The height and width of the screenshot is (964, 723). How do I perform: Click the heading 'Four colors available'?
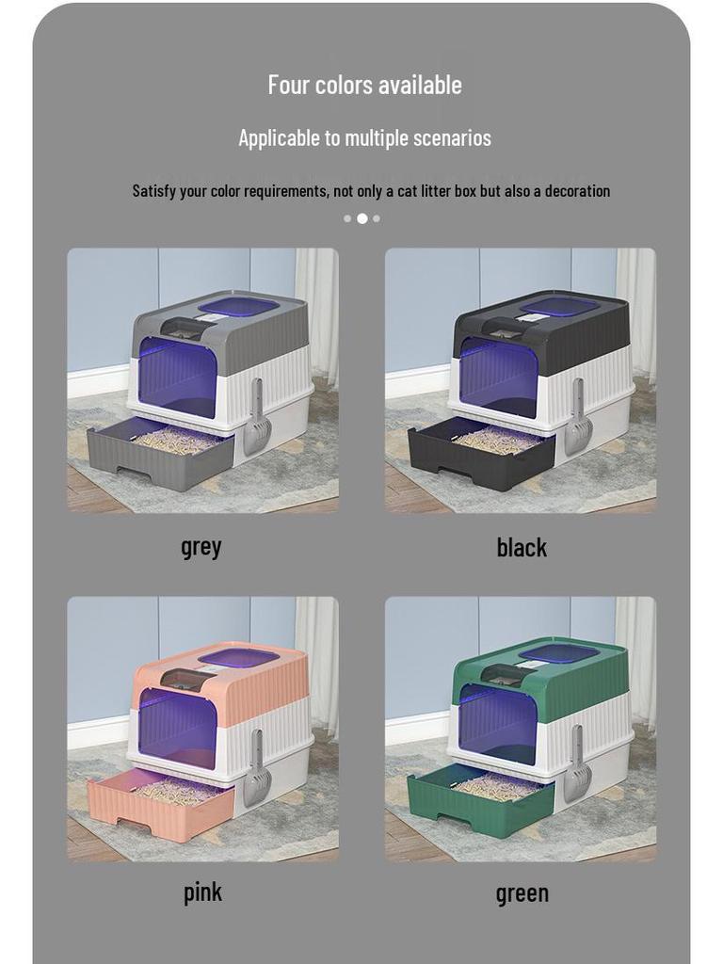(364, 85)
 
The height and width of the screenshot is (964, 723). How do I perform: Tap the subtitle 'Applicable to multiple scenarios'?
(364, 138)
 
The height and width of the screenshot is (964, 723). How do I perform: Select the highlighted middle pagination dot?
(361, 218)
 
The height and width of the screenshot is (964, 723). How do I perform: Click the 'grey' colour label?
(201, 546)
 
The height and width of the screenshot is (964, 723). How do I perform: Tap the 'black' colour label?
(521, 547)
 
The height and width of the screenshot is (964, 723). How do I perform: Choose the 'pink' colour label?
(202, 892)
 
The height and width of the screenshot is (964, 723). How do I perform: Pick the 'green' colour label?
(522, 893)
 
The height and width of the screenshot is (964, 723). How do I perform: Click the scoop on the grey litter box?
(257, 419)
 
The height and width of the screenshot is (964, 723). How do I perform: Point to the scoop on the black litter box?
(576, 419)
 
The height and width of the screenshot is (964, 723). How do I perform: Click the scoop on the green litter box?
(576, 767)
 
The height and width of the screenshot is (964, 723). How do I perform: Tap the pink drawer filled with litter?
(160, 805)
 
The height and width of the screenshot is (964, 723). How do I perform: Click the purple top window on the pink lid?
(238, 657)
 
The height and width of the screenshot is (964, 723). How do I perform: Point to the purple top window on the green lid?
(558, 652)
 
